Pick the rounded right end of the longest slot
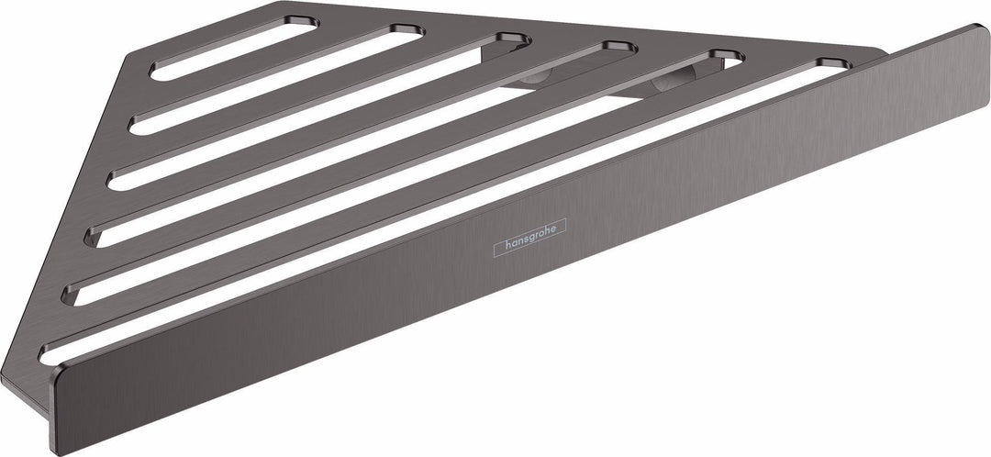834,64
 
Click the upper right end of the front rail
980,31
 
